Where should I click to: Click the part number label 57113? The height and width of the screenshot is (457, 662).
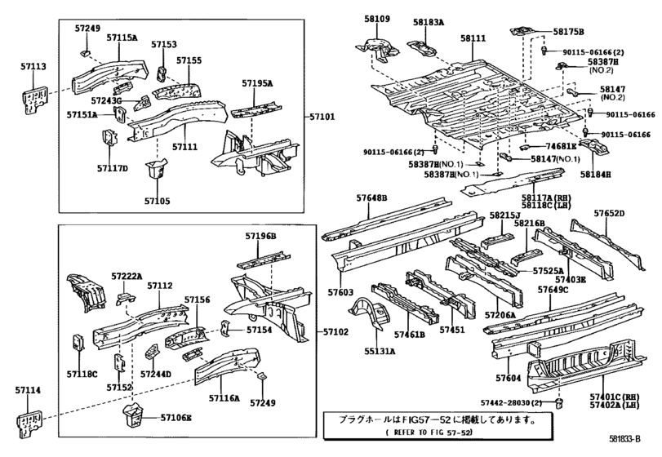[33, 67]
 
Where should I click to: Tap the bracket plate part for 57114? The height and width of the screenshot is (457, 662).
[30, 423]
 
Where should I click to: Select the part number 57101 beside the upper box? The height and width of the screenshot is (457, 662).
[322, 117]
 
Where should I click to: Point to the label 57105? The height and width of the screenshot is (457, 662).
[157, 202]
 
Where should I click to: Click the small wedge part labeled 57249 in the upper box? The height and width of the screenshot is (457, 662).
[85, 53]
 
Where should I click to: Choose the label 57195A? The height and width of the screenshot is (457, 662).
[257, 83]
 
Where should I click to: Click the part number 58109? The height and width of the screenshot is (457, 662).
[377, 19]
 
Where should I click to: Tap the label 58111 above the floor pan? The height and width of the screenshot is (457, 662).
[473, 38]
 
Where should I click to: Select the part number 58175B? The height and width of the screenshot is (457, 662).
[568, 32]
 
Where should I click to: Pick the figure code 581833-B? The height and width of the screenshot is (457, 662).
[624, 439]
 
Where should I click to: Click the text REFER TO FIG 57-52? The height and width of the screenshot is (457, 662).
[429, 433]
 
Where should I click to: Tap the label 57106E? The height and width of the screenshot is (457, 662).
[176, 418]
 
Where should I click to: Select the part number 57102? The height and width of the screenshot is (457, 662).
[336, 332]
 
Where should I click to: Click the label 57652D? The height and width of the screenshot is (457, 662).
[609, 214]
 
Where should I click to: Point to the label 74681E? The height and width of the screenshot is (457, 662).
[561, 146]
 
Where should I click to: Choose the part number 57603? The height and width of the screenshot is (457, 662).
[340, 292]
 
